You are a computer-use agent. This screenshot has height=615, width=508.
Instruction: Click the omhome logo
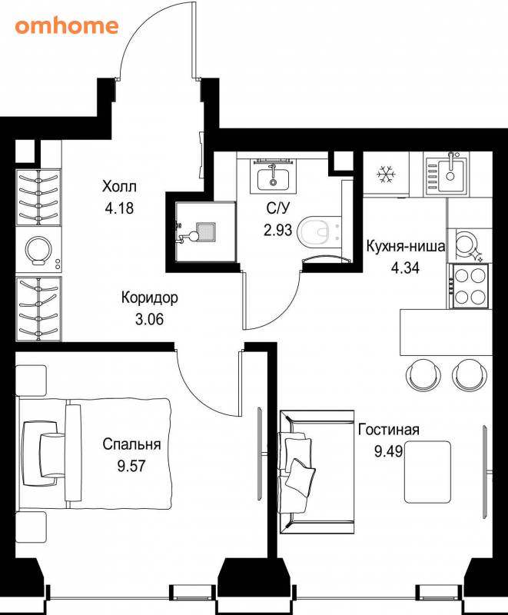click(x=67, y=26)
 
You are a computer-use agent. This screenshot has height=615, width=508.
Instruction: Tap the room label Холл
click(x=119, y=186)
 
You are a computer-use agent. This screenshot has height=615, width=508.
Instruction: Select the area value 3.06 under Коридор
click(x=149, y=319)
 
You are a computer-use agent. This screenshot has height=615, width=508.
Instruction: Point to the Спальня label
click(x=131, y=444)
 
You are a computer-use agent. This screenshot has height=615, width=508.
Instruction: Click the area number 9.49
click(x=388, y=451)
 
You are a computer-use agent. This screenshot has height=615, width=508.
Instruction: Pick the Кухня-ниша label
click(x=406, y=246)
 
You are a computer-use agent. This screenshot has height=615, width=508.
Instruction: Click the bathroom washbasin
click(x=273, y=179)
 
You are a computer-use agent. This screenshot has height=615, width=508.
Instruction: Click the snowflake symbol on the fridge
click(x=386, y=175)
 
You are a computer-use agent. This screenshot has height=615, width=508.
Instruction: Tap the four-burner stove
click(x=470, y=285)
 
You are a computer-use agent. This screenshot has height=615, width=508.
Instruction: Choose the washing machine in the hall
click(x=38, y=251)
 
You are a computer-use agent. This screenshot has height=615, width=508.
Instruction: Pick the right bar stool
click(x=468, y=374)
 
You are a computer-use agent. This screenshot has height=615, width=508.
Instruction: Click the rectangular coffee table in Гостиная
click(x=427, y=472)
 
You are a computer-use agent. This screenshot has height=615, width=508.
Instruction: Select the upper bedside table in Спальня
click(x=31, y=381)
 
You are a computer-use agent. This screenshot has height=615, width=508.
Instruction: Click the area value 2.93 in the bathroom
click(x=278, y=230)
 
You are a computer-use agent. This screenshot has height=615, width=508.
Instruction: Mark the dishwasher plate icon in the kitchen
click(x=470, y=246)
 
